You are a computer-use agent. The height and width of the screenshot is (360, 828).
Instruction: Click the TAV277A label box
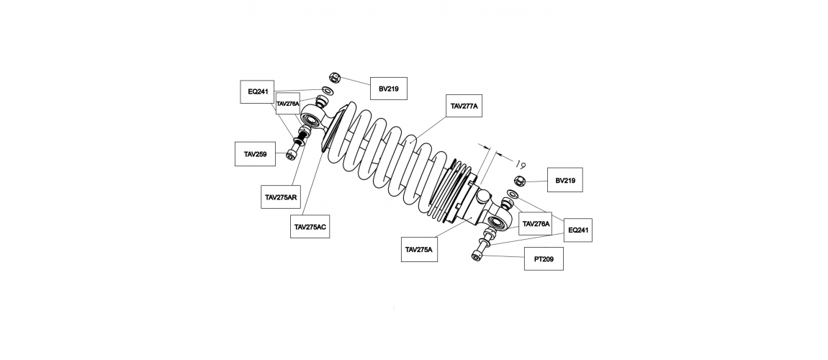(x=464, y=106)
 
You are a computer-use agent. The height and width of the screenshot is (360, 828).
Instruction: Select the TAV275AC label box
(x=310, y=227)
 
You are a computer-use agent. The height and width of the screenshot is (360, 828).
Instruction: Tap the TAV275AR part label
(x=281, y=197)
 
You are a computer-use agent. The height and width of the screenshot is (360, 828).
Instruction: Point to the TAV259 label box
(x=255, y=154)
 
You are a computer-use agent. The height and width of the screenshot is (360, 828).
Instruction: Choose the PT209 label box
(x=544, y=258)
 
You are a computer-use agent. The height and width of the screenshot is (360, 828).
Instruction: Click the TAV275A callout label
(x=419, y=250)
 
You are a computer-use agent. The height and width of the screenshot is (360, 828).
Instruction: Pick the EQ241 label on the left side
(x=258, y=92)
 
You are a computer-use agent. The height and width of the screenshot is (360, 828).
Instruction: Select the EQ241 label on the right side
(x=577, y=230)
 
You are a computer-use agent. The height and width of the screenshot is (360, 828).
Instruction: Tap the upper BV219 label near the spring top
(x=389, y=89)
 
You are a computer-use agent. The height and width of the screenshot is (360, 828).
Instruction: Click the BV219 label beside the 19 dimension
(x=565, y=180)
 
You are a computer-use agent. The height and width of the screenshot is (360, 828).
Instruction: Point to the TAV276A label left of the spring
(x=288, y=104)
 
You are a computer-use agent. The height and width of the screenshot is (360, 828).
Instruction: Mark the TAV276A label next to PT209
(x=536, y=224)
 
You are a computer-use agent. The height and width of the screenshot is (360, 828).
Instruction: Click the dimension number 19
(x=520, y=164)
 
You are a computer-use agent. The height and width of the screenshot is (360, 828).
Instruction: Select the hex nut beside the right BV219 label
(x=519, y=181)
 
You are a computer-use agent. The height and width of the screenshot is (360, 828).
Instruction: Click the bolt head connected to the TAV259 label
(x=290, y=155)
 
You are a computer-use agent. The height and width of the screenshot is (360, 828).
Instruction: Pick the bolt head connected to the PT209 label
(x=476, y=256)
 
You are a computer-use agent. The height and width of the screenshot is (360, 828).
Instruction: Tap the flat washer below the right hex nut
(x=512, y=194)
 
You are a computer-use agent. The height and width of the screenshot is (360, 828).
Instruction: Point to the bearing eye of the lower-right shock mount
(x=498, y=222)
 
